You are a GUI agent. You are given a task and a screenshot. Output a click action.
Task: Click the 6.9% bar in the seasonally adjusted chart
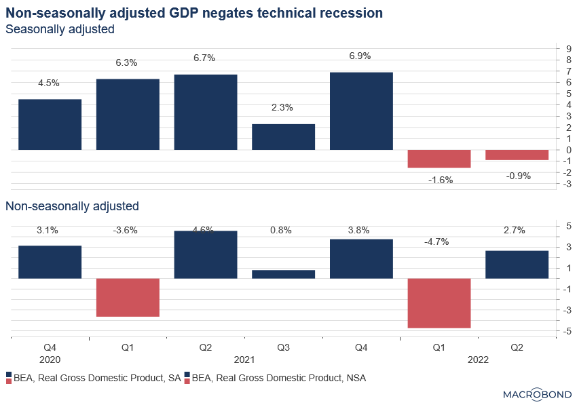coord(361,111)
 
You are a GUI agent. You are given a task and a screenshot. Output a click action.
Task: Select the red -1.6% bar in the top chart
coord(439,158)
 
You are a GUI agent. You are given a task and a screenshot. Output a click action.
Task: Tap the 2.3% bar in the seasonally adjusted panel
coord(283,136)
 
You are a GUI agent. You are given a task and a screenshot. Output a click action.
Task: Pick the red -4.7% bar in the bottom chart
coord(439,303)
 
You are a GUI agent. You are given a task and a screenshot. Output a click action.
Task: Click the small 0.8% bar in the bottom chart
coord(283,274)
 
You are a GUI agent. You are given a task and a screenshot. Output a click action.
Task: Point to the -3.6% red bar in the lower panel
coord(128,297)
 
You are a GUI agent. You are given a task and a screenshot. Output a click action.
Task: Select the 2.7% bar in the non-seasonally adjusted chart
coord(517,265)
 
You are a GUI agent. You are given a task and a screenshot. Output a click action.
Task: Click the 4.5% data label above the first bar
coord(48,83)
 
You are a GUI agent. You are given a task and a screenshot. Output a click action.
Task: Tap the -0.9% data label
coord(518,176)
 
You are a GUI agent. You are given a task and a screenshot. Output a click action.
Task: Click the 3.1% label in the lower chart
coord(48,230)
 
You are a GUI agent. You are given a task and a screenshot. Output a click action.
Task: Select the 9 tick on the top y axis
coord(559,48)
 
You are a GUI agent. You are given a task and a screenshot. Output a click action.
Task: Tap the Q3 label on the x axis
coord(283,347)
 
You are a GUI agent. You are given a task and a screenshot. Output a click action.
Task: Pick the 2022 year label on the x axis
coord(477,360)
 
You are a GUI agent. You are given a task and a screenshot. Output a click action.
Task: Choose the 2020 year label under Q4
coord(49,360)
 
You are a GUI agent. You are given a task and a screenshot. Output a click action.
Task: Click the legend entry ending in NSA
coord(278,378)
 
